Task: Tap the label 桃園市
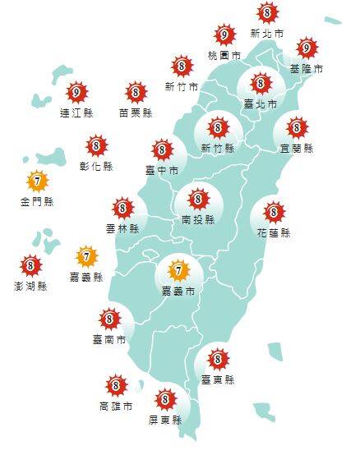pos(224,55)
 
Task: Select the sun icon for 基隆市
pos(307,48)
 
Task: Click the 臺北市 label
pos(261,104)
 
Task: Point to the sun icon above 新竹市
pos(182,66)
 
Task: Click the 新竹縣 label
pos(217,148)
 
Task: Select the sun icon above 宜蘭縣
pos(297,127)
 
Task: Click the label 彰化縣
pos(97,166)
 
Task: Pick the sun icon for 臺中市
pos(161,149)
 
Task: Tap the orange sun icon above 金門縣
pos(35,180)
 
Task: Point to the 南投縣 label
pos(197,220)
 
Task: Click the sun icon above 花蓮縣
pos(274,212)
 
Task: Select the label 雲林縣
pos(122,229)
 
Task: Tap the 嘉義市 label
pos(177,291)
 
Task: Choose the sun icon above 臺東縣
pos(218,359)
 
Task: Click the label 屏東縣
pos(166,420)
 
